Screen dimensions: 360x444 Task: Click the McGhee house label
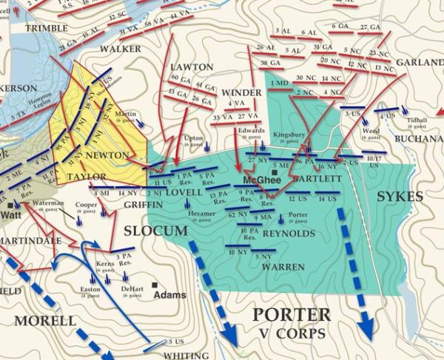pos(252,180)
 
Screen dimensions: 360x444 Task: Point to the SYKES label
pos(400,197)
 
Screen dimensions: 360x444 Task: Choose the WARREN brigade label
pos(283,266)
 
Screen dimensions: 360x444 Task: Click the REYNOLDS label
pos(289,234)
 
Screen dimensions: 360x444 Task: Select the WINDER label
pos(242,92)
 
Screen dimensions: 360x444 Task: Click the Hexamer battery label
pos(202,213)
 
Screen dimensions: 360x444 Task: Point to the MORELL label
pos(47,322)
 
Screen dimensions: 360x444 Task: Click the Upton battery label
pos(193,137)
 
